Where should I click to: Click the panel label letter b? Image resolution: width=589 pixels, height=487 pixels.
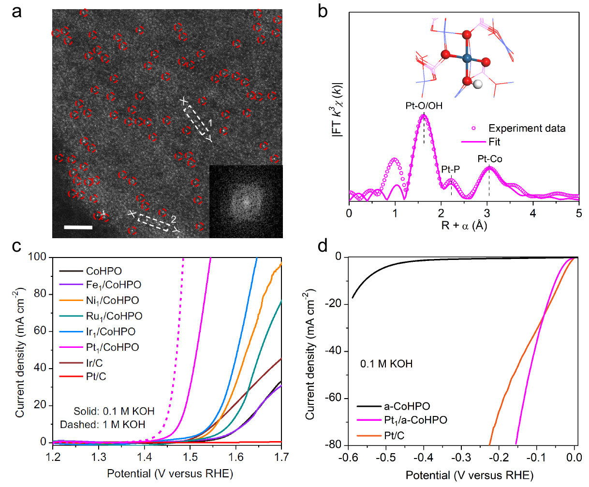(x=323, y=11)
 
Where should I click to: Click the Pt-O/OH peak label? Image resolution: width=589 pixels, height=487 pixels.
(x=424, y=106)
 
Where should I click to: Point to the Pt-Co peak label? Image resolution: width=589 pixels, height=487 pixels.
(x=490, y=159)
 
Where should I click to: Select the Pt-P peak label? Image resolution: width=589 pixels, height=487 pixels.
(x=451, y=170)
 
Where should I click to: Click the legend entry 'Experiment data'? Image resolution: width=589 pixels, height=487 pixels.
(x=527, y=129)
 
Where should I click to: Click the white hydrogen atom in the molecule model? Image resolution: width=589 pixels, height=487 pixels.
(x=478, y=85)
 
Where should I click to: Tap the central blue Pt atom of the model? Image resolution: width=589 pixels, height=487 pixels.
(x=467, y=58)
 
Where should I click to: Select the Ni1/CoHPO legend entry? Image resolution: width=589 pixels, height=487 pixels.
(x=112, y=301)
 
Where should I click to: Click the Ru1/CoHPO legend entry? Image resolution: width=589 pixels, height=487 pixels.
(x=114, y=316)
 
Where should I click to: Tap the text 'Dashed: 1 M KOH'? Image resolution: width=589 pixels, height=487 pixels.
(x=103, y=425)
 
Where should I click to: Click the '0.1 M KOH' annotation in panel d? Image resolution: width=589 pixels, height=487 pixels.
(x=386, y=364)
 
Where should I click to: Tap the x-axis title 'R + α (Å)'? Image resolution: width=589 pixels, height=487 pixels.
(x=464, y=225)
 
